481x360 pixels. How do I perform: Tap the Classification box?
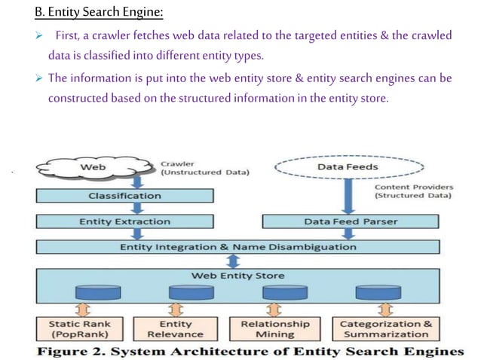coord(124,195)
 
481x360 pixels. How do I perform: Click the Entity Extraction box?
coord(124,221)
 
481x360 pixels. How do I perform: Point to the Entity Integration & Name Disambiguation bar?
coord(238,246)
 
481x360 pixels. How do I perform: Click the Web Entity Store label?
coord(238,276)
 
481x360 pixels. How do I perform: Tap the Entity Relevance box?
coord(175,328)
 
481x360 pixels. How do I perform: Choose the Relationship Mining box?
coord(274,328)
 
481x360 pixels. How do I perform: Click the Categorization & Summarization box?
coord(385,328)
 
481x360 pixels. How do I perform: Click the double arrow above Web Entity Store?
coord(234,260)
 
